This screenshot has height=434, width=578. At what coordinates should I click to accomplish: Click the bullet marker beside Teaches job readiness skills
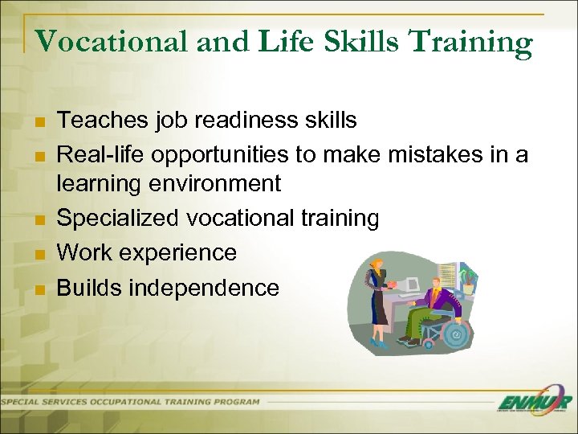click(40, 122)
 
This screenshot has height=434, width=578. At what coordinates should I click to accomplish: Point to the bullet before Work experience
click(40, 255)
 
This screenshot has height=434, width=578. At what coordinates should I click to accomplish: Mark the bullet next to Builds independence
click(40, 289)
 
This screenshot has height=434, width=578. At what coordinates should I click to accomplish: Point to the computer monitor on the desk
click(411, 283)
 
